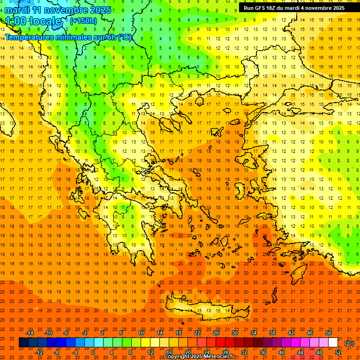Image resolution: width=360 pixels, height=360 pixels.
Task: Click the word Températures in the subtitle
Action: pos(28,37)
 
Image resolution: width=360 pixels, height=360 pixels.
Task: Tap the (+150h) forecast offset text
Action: pos(83,21)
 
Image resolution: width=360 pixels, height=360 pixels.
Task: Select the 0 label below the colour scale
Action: pos(93,352)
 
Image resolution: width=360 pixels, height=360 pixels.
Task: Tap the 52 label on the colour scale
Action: pos(338,352)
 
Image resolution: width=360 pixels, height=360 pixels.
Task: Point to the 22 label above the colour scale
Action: pos(197,333)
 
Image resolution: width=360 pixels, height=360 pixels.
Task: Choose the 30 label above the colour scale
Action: pos(235,333)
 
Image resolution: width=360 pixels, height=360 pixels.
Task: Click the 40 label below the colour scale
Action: pos(282,352)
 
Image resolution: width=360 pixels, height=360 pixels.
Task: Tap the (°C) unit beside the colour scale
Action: pos(349,343)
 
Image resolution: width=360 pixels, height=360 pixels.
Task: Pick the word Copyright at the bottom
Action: pos(179,357)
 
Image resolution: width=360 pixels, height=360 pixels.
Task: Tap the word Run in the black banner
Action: pos(249,8)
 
